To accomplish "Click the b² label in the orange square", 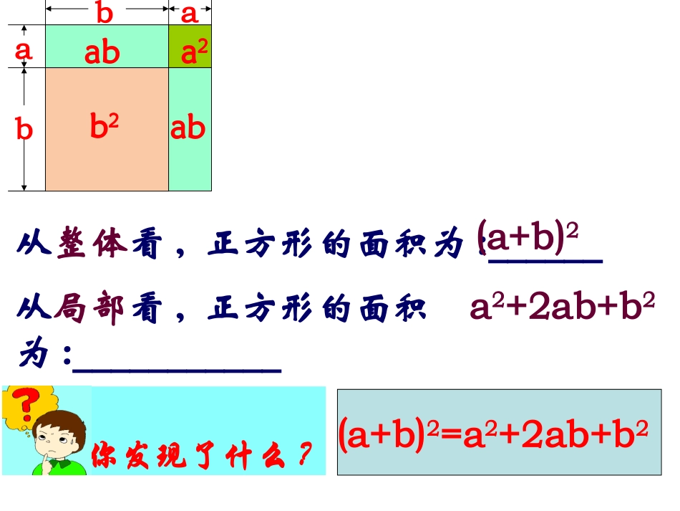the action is point(104,125).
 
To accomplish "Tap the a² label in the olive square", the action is point(194,51).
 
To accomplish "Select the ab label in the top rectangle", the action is point(102,52).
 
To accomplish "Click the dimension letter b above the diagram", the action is point(105,12).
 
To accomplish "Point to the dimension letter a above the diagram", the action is point(189,14).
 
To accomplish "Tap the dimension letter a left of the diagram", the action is point(23,50).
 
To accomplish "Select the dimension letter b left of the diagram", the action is point(24,128).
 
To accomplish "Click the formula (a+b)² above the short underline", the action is point(528,236).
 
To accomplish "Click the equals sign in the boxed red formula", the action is point(450,433).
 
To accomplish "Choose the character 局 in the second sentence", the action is point(71,307).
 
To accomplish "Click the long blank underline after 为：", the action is point(177,371).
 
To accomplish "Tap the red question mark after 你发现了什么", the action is point(306,453).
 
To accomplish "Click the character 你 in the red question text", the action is point(104,454).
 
